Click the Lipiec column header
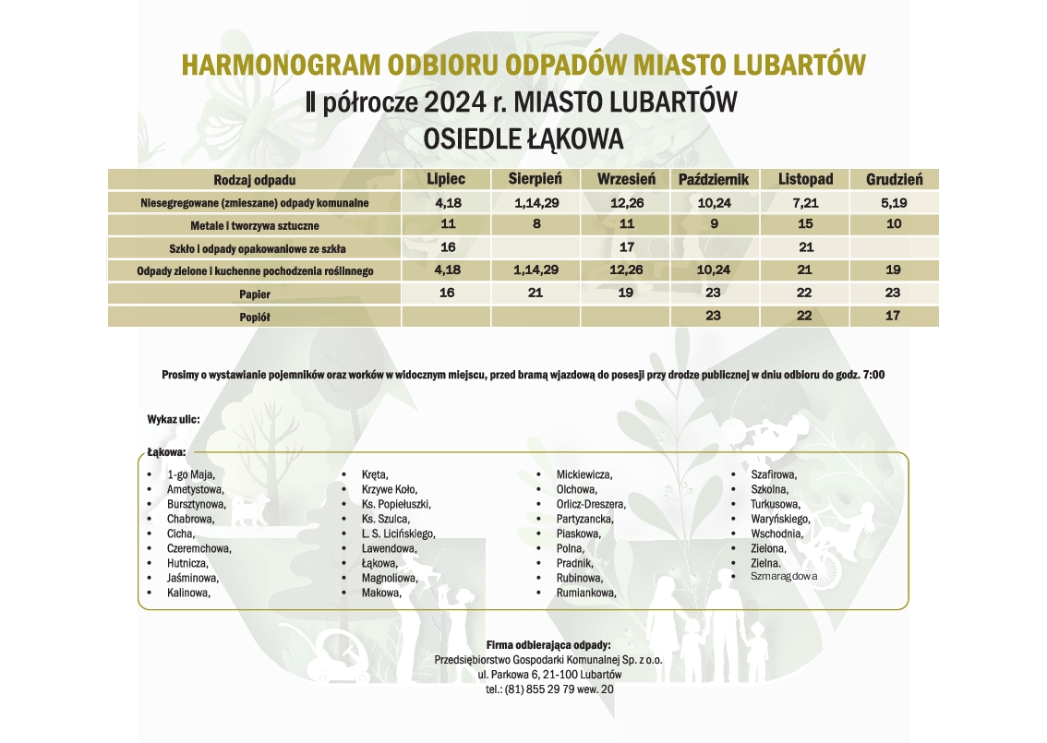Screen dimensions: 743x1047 pyautogui.click(x=446, y=179)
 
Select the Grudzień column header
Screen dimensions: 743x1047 pyautogui.click(x=894, y=179)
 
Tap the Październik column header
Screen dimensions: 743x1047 pyautogui.click(x=713, y=179)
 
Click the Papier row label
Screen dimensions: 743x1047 pyautogui.click(x=255, y=294)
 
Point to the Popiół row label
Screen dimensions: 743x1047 pyautogui.click(x=255, y=317)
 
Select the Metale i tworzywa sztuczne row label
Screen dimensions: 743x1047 pyautogui.click(x=255, y=225)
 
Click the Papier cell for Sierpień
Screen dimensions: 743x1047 pyautogui.click(x=535, y=293)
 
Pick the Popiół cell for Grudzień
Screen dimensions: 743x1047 pyautogui.click(x=894, y=316)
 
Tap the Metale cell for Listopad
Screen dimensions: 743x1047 pyautogui.click(x=805, y=224)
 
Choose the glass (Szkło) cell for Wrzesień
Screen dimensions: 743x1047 pyautogui.click(x=626, y=247)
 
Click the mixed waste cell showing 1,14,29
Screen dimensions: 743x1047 pyautogui.click(x=535, y=202)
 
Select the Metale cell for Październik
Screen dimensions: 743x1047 pyautogui.click(x=713, y=224)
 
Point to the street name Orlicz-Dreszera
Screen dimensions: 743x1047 pyautogui.click(x=591, y=505)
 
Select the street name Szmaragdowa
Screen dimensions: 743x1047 pyautogui.click(x=784, y=576)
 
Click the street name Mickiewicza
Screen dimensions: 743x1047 pyautogui.click(x=584, y=474)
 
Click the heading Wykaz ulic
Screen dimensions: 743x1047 pyautogui.click(x=173, y=420)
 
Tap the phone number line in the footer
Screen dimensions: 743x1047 pyautogui.click(x=548, y=689)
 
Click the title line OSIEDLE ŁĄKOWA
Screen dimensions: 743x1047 pyautogui.click(x=523, y=138)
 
